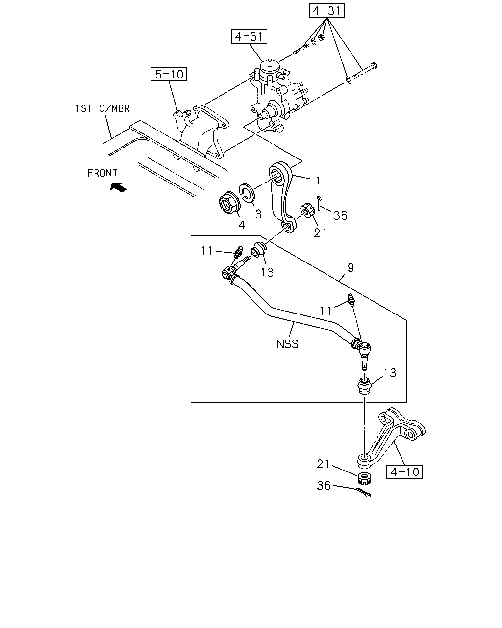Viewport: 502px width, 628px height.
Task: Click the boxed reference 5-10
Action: [168, 74]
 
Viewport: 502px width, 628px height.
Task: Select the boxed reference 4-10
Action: [404, 472]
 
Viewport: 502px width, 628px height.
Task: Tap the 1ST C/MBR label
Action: [102, 109]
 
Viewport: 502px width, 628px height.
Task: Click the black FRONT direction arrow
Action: [119, 187]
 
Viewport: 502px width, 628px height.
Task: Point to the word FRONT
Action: [102, 173]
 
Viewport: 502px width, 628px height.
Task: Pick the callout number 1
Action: [318, 181]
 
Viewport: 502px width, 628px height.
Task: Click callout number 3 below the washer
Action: [258, 214]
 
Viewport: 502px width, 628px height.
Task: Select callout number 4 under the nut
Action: [242, 225]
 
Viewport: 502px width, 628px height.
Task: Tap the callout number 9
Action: [351, 267]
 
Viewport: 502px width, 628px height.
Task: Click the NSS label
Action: [287, 344]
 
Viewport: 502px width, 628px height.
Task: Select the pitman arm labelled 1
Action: [282, 196]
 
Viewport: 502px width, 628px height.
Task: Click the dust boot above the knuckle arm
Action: [364, 386]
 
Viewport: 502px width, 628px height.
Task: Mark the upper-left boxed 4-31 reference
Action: [249, 36]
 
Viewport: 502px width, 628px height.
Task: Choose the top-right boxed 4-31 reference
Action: [326, 10]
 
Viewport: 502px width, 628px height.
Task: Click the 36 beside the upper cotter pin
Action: [340, 216]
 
